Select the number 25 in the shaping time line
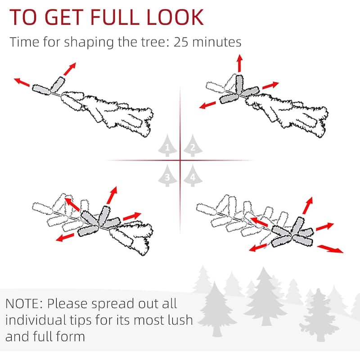pyautogui.click(x=181, y=42)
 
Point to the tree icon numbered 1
pyautogui.click(x=167, y=146)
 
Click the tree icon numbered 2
pyautogui.click(x=193, y=146)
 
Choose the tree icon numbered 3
pyautogui.click(x=167, y=175)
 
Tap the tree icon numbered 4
pyautogui.click(x=193, y=175)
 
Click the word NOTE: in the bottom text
pyautogui.click(x=24, y=303)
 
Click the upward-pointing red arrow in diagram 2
pyautogui.click(x=240, y=63)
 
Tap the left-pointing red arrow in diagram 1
pyautogui.click(x=22, y=82)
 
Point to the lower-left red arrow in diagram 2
pyautogui.click(x=207, y=105)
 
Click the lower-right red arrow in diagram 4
pyautogui.click(x=330, y=249)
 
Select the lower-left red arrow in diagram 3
pyautogui.click(x=65, y=238)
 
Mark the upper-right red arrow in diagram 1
pyautogui.click(x=70, y=69)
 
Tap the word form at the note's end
pyautogui.click(x=70, y=336)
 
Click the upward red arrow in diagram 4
pyautogui.click(x=308, y=206)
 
